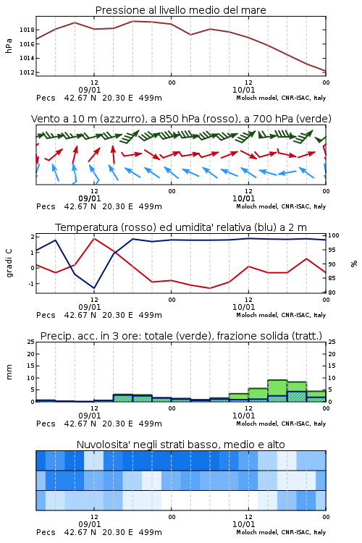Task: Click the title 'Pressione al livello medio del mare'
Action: [180, 10]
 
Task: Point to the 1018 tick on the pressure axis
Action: [27, 30]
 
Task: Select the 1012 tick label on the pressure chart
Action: [27, 72]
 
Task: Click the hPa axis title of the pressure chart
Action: [9, 46]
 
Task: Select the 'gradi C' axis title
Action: [9, 264]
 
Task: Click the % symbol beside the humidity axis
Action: [354, 264]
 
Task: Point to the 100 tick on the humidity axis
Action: [334, 235]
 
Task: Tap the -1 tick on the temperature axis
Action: [31, 284]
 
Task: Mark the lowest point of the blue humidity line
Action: [94, 288]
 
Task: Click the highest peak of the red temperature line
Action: [94, 238]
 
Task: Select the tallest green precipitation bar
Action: [277, 391]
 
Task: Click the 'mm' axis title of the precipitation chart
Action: [9, 372]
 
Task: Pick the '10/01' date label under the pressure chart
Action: [243, 90]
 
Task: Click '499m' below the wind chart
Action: [151, 206]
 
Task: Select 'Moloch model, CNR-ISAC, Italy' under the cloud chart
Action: [281, 532]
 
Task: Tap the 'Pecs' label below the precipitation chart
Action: [46, 424]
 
